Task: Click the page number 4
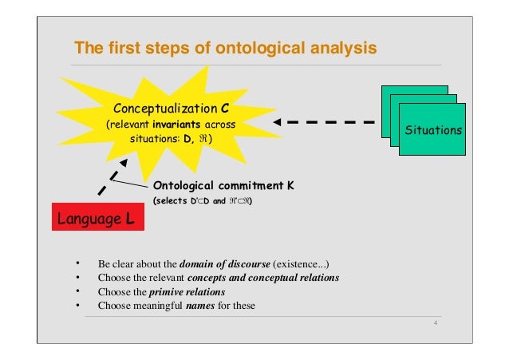pyautogui.click(x=435, y=322)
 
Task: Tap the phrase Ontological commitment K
pyautogui.click(x=223, y=186)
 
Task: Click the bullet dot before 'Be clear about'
pyautogui.click(x=77, y=263)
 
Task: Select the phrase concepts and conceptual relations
pyautogui.click(x=262, y=277)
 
